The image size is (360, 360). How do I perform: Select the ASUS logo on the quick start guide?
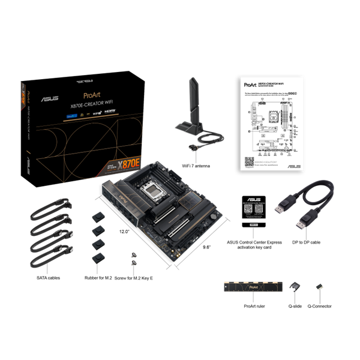tap(293, 167)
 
